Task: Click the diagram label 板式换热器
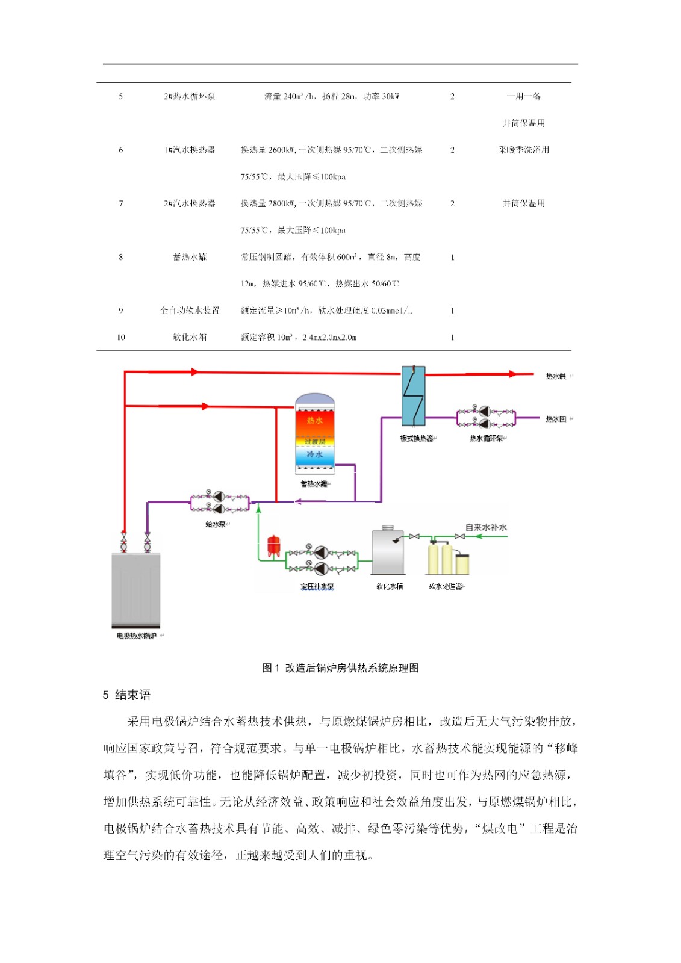point(416,438)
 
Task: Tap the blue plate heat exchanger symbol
point(413,395)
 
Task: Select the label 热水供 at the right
point(555,376)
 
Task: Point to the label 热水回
point(555,419)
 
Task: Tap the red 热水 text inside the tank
point(314,420)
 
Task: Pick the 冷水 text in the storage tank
point(314,454)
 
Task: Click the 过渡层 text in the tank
point(314,441)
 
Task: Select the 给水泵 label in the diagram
point(216,524)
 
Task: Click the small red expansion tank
point(274,545)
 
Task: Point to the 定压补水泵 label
point(317,586)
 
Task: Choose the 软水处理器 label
point(446,586)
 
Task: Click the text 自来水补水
point(486,528)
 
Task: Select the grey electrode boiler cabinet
point(135,589)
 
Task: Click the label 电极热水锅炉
point(137,636)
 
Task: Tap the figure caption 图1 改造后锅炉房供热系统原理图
point(340,668)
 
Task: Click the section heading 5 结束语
point(126,695)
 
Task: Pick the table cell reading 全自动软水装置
point(190,311)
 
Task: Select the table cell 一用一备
point(523,96)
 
